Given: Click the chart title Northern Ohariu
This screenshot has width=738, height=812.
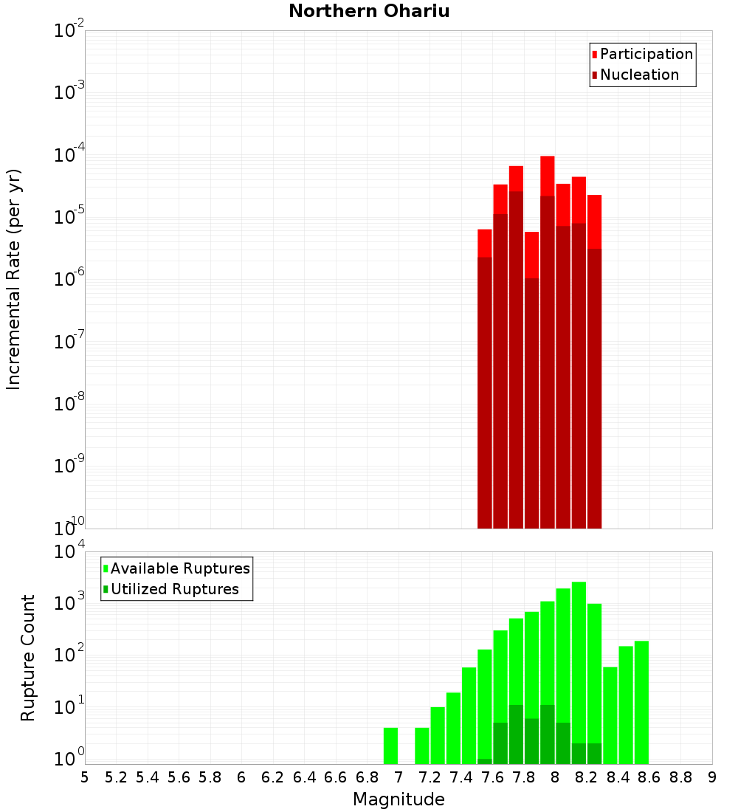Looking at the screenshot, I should coord(369,11).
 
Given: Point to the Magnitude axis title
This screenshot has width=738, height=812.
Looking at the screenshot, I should coord(399,799).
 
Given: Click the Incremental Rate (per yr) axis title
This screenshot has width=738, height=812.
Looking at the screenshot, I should coord(13,279).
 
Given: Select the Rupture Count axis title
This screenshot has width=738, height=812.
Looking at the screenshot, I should coord(28,657).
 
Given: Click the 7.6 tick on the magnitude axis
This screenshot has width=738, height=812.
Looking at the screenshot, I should coord(492,777).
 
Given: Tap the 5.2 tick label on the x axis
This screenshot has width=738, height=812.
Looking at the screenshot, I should coord(116,777).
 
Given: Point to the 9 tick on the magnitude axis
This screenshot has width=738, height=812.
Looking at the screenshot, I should coord(711,777).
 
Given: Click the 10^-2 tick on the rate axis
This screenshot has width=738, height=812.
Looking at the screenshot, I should coord(69,31).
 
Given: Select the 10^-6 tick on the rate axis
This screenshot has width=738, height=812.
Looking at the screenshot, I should coord(69,280).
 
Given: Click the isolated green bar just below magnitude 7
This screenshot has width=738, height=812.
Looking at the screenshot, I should coord(390,746).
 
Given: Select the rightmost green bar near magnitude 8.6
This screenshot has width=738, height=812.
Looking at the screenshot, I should coord(641,701).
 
